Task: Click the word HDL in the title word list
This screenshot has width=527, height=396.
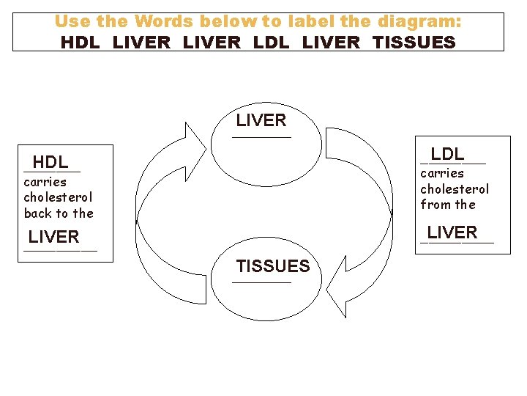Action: click(x=81, y=42)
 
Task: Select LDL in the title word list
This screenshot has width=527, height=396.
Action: click(x=270, y=42)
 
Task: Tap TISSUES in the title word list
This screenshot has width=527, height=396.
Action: click(x=414, y=42)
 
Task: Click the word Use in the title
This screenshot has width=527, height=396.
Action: click(x=71, y=21)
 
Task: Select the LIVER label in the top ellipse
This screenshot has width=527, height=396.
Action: click(x=261, y=120)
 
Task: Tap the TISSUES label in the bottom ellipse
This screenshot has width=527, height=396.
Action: click(x=273, y=265)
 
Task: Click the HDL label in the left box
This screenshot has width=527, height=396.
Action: click(x=51, y=162)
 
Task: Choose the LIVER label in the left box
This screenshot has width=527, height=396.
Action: click(x=54, y=237)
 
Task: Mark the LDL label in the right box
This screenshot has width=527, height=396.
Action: click(x=447, y=154)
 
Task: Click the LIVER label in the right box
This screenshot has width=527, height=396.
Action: click(x=452, y=232)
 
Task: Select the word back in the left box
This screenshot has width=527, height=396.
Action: click(x=36, y=213)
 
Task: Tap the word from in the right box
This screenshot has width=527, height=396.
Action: click(x=435, y=205)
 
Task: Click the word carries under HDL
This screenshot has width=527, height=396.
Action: click(x=45, y=182)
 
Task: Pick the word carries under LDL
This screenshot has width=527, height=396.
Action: click(x=442, y=173)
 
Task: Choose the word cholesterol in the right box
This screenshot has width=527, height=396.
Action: click(x=455, y=189)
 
